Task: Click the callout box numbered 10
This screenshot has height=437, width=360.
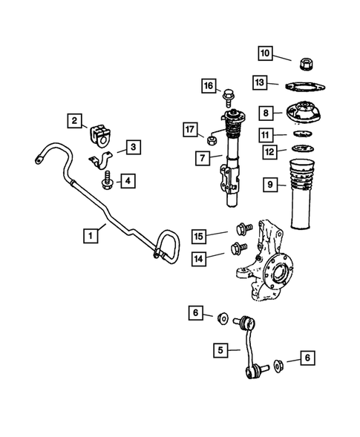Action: (x=266, y=53)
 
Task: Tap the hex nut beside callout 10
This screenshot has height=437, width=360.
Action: (x=304, y=62)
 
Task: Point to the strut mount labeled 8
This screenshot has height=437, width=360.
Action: (x=304, y=114)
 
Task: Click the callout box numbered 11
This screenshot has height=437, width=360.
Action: (x=266, y=134)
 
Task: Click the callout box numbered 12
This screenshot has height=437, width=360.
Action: (x=266, y=151)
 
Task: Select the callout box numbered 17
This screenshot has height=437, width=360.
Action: (x=191, y=131)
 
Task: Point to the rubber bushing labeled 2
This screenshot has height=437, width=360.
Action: (x=99, y=136)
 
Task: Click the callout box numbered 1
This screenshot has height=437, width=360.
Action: (x=90, y=237)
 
